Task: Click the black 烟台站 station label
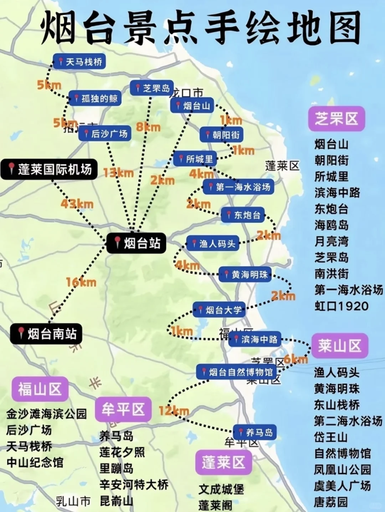[137, 244]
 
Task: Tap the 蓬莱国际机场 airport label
[49, 169]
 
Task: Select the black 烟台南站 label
[46, 334]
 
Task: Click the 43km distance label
[77, 204]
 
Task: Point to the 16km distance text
[81, 282]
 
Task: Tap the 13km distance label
[118, 173]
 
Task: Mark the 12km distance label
[174, 411]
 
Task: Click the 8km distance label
[148, 127]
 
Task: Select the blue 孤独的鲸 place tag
[95, 98]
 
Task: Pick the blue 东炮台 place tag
[243, 215]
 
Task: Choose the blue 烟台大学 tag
[219, 310]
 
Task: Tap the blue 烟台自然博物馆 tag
[237, 372]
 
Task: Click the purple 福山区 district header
[40, 389]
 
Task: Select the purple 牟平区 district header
[123, 409]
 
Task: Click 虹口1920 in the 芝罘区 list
[341, 306]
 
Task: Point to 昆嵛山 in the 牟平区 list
[116, 501]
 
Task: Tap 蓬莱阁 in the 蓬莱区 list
[215, 505]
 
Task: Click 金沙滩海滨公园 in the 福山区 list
[46, 414]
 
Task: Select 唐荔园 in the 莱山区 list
[330, 502]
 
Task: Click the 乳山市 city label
[73, 501]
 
